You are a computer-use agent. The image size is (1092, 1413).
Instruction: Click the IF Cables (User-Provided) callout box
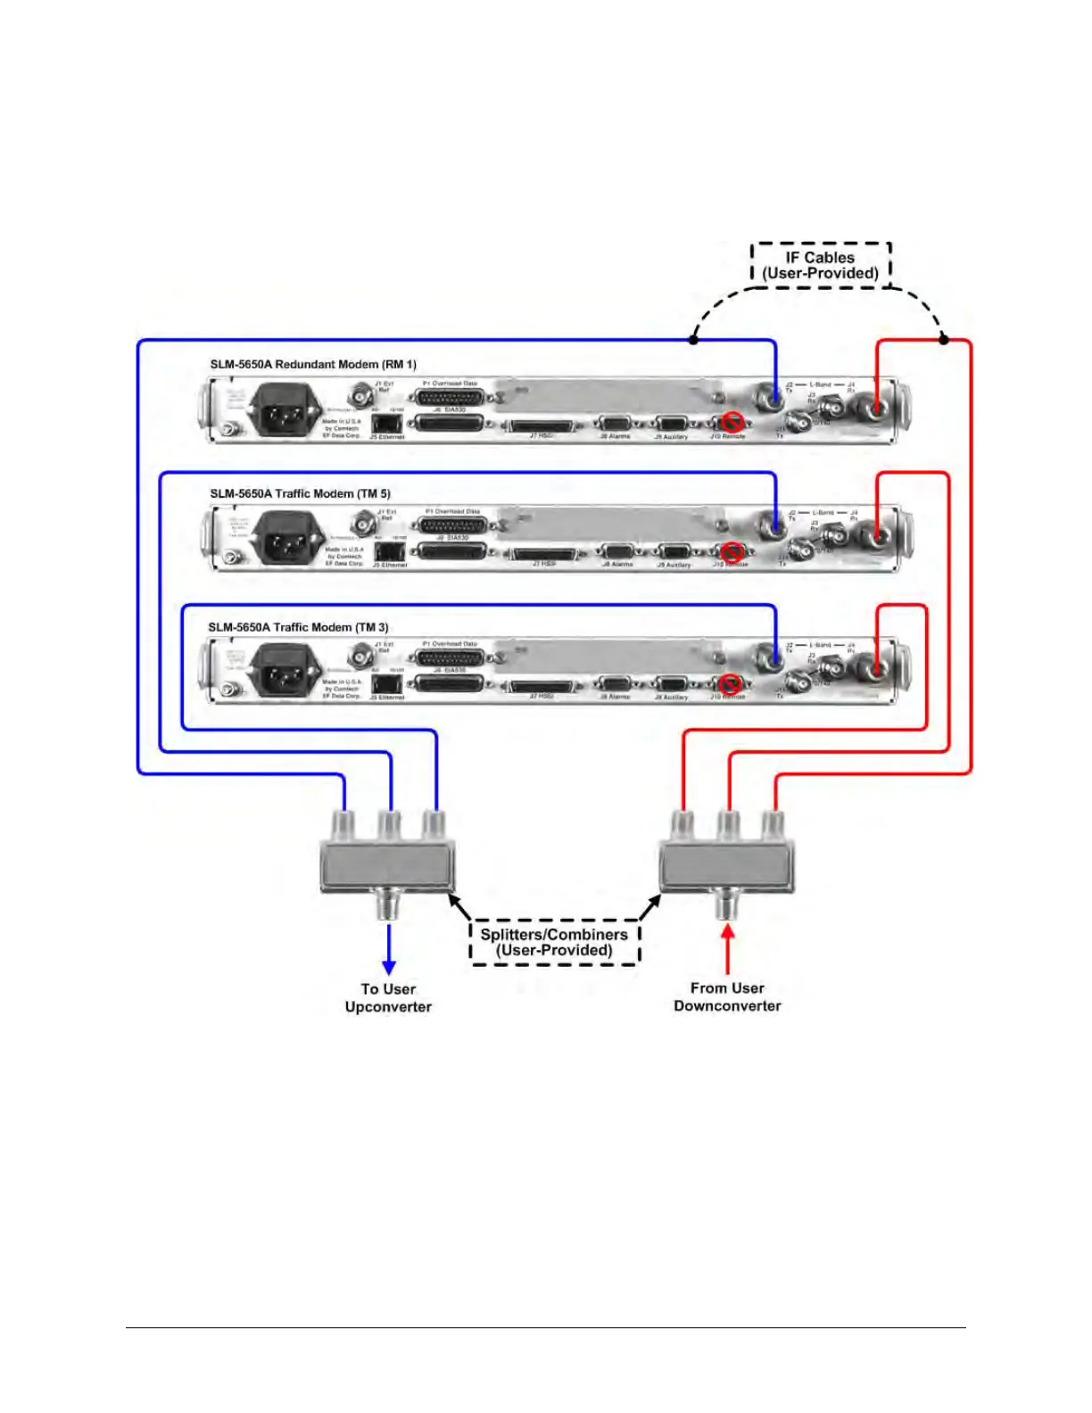click(821, 265)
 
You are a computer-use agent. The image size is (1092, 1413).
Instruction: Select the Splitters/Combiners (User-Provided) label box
click(554, 942)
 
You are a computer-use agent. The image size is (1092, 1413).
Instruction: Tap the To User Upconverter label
click(388, 997)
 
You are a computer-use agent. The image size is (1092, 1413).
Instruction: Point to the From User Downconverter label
click(727, 996)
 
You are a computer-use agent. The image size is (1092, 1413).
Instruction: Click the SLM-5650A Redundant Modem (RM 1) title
click(313, 364)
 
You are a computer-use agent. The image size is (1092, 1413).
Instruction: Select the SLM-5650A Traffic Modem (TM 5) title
click(300, 493)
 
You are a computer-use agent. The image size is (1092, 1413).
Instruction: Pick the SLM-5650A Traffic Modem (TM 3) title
click(298, 627)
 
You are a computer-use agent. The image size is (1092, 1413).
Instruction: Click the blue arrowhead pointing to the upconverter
click(389, 967)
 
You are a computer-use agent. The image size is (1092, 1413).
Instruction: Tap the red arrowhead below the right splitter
click(728, 931)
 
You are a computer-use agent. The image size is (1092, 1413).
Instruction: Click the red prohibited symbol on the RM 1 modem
click(733, 422)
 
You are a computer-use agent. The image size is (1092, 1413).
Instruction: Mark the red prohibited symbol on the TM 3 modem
click(732, 683)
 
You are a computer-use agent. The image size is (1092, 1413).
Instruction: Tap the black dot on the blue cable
click(694, 340)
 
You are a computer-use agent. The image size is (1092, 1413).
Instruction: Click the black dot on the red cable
click(944, 340)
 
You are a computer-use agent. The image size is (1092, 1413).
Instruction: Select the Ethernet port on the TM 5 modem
click(388, 553)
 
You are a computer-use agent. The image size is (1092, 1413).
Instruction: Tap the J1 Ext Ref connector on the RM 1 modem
click(361, 393)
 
